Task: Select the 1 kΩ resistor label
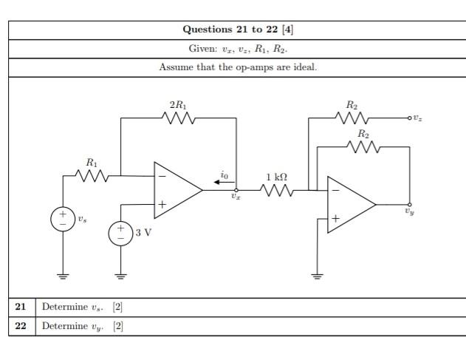click(277, 177)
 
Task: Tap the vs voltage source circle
click(62, 219)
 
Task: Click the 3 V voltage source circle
click(120, 233)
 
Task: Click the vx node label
click(236, 197)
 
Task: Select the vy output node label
click(409, 211)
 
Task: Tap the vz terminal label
click(417, 118)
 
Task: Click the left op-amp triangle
click(176, 190)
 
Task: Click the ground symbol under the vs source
click(62, 276)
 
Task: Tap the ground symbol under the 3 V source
click(120, 276)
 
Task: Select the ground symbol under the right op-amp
click(318, 276)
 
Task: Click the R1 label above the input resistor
click(92, 162)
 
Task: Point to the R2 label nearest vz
click(352, 106)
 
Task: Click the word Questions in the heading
click(208, 30)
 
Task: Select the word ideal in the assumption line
click(304, 67)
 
